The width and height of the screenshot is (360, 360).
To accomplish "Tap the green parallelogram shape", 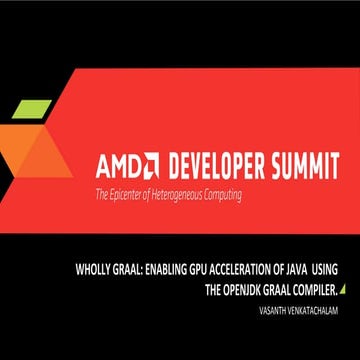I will click(33, 109).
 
